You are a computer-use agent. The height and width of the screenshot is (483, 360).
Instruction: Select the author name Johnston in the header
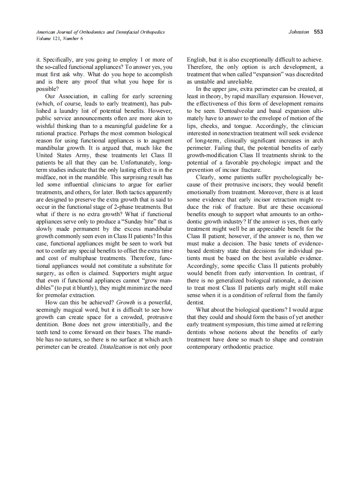tap(299, 32)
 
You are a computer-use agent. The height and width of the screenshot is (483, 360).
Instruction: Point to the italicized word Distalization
tap(115, 347)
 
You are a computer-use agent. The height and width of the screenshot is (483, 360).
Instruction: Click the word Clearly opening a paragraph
tap(206, 177)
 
